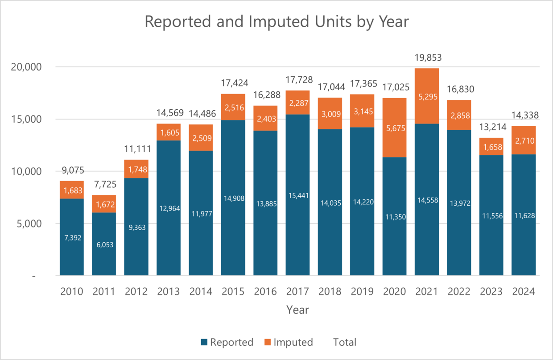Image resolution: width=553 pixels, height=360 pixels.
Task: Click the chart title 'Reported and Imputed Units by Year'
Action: click(x=276, y=21)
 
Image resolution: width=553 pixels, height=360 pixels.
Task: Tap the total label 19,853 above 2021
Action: click(x=426, y=58)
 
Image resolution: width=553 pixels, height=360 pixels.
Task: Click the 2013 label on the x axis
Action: click(x=169, y=292)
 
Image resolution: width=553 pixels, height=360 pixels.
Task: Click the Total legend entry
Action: click(x=345, y=342)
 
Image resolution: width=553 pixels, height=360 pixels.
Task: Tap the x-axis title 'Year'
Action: click(x=297, y=310)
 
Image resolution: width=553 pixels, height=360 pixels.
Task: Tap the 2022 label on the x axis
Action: click(x=459, y=292)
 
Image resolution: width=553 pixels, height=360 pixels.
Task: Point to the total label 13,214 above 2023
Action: click(x=491, y=127)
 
